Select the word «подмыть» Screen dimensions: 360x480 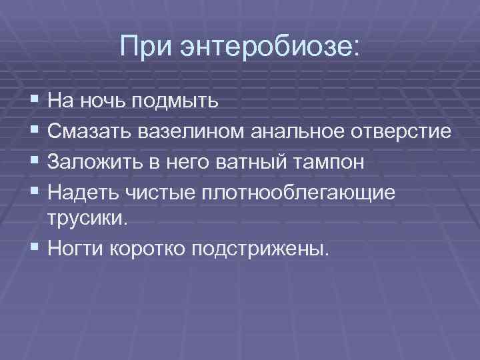click(x=175, y=102)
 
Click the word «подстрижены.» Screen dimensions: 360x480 click(x=261, y=250)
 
